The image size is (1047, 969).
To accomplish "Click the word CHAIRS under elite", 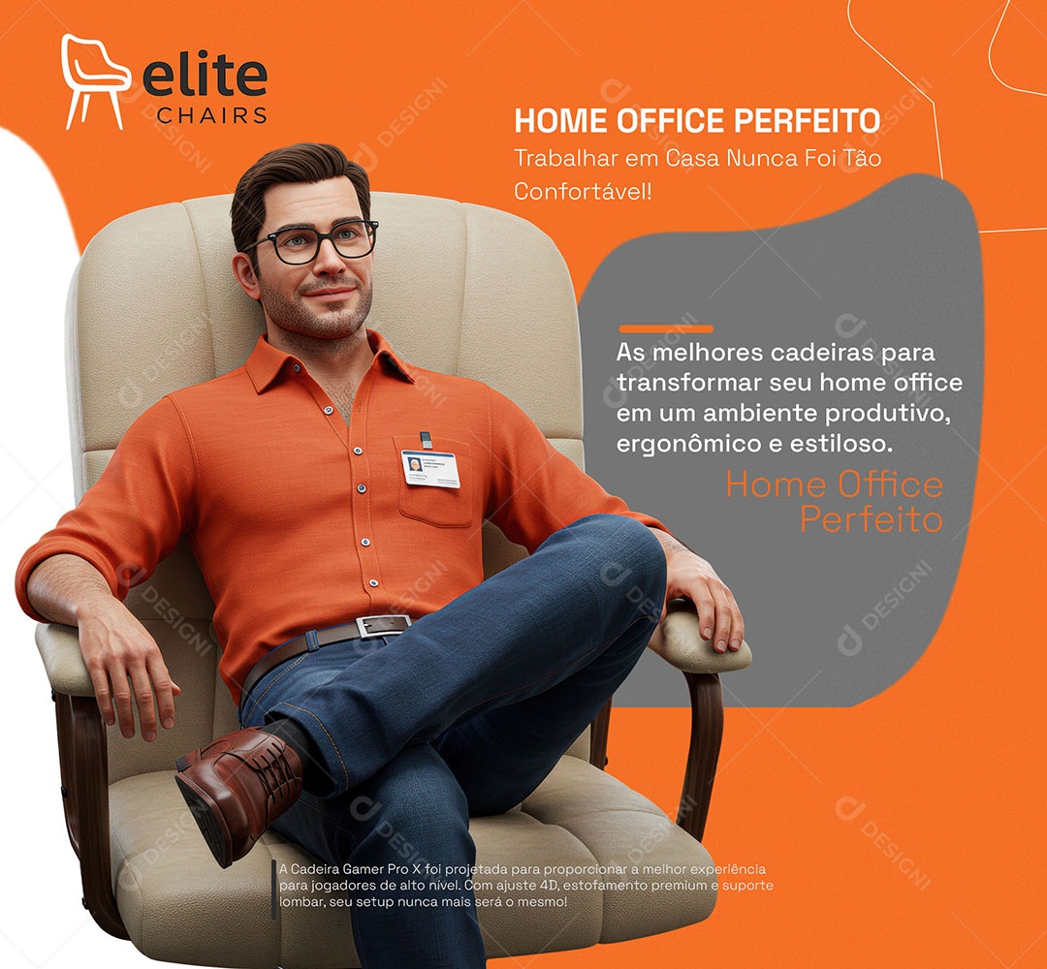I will [211, 115].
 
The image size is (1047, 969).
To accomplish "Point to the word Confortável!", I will [583, 191].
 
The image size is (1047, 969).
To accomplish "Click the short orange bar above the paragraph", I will [665, 328].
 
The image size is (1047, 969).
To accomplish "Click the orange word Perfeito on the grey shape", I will [871, 519].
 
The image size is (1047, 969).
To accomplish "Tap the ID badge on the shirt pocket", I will [430, 468].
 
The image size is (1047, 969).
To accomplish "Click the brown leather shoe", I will [238, 785].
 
